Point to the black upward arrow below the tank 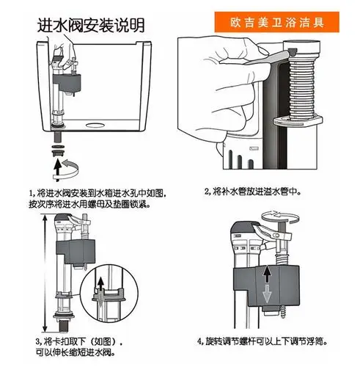[56, 168]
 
